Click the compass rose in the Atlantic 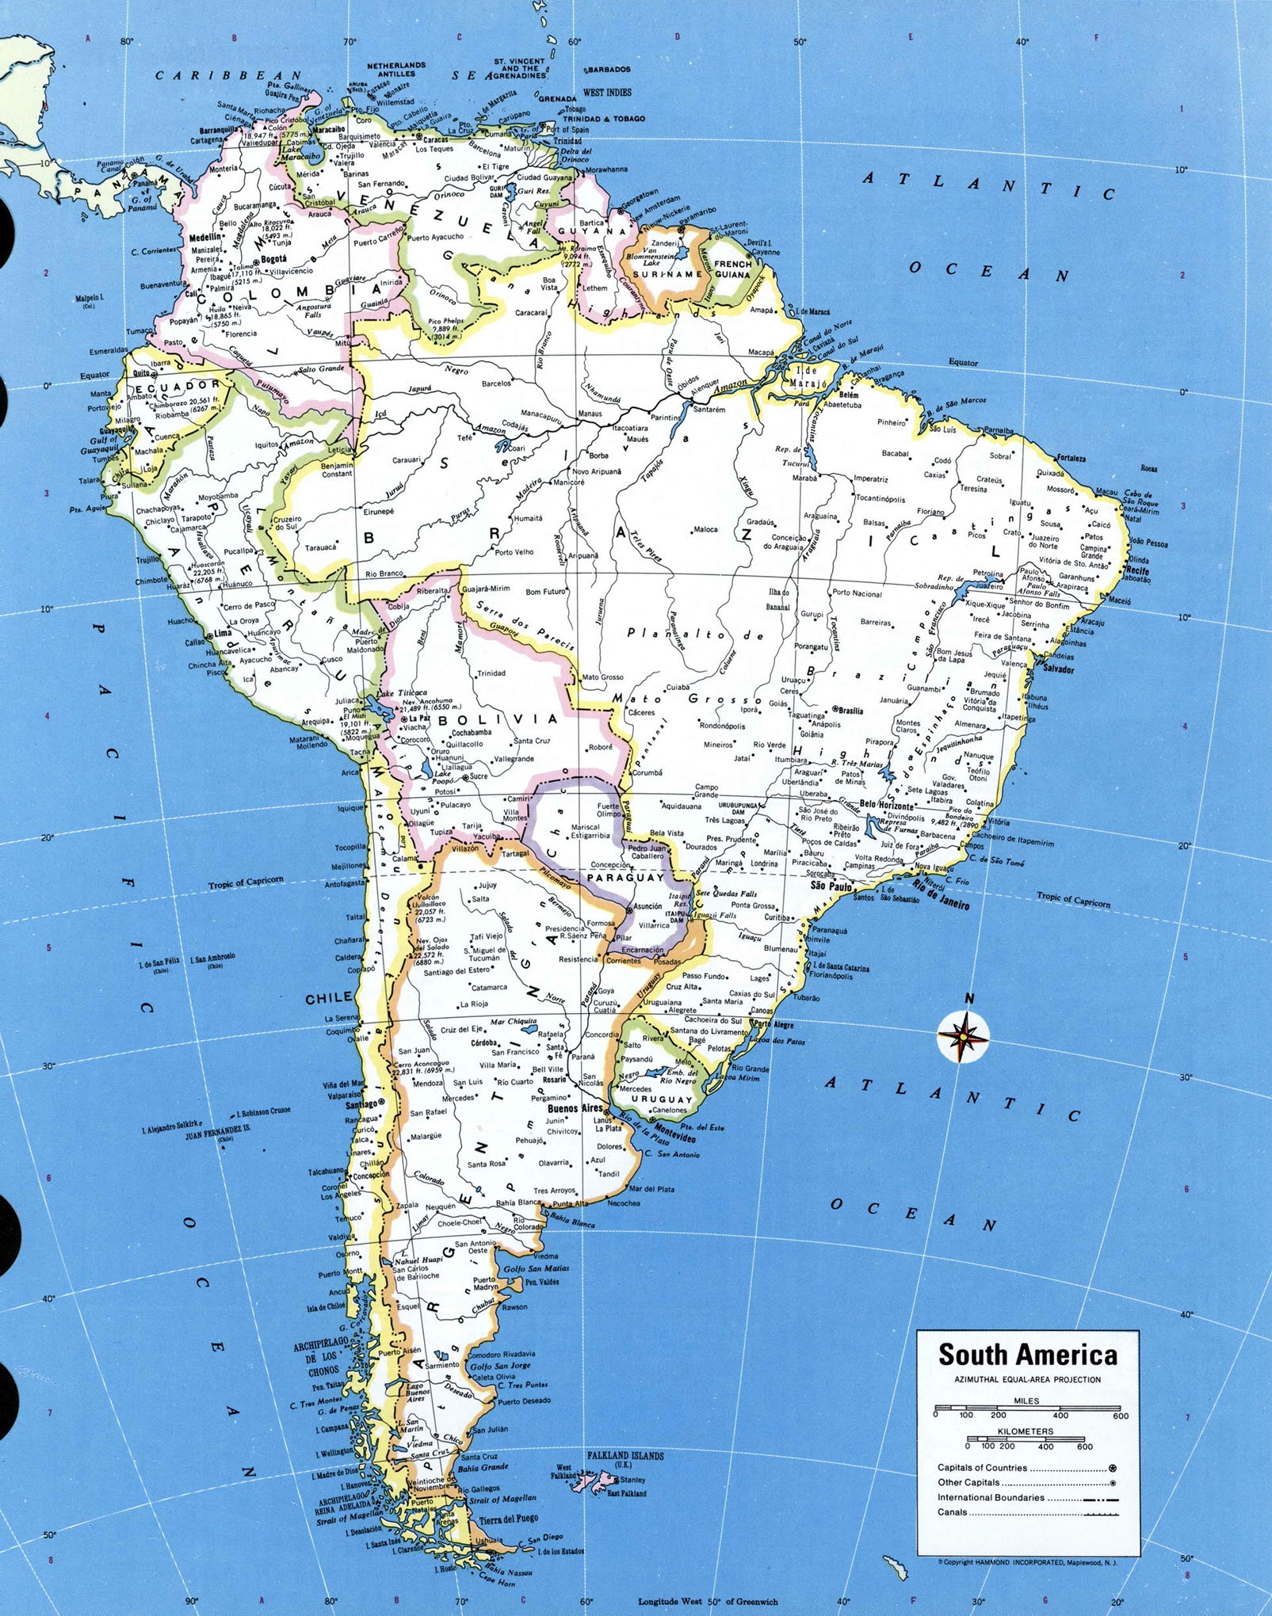(x=963, y=1035)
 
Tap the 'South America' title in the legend (x=1028, y=1355)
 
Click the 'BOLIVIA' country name (x=498, y=719)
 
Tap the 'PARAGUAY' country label (x=625, y=878)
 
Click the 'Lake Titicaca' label (x=403, y=692)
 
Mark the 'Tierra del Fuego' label (x=508, y=1519)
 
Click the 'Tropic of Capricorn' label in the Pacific (x=246, y=883)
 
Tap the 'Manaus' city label (x=589, y=414)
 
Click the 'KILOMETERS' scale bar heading (x=1026, y=1431)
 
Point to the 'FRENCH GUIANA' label (x=731, y=269)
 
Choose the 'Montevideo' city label (x=674, y=1138)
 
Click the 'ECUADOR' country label (x=170, y=387)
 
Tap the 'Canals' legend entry (x=952, y=1511)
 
